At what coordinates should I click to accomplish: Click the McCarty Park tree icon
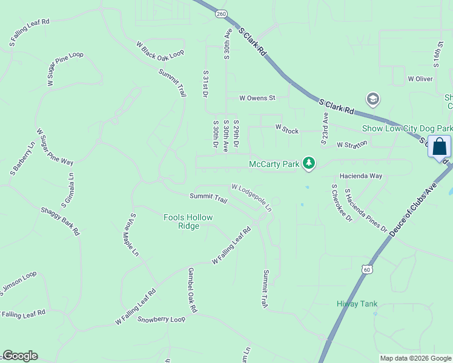pyautogui.click(x=309, y=163)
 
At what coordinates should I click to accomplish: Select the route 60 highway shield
pyautogui.click(x=366, y=269)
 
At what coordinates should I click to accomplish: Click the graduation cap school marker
pyautogui.click(x=372, y=99)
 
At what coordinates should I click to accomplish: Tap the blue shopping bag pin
pyautogui.click(x=439, y=147)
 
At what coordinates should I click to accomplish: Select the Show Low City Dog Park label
pyautogui.click(x=406, y=128)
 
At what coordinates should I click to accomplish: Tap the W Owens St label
pyautogui.click(x=257, y=97)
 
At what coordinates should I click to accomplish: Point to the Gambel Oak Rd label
pyautogui.click(x=193, y=290)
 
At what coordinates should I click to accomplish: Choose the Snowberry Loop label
pyautogui.click(x=161, y=319)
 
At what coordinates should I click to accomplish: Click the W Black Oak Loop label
pyautogui.click(x=160, y=50)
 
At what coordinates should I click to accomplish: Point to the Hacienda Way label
pyautogui.click(x=361, y=175)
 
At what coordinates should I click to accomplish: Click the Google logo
pyautogui.click(x=20, y=356)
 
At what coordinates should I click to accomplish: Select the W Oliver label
pyautogui.click(x=420, y=79)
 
